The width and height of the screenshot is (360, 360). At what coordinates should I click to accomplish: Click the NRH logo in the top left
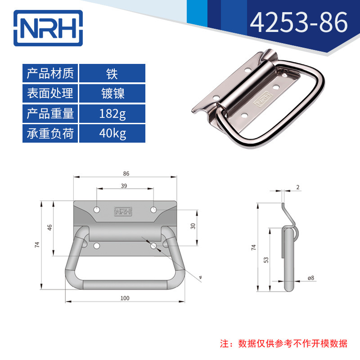[48, 28]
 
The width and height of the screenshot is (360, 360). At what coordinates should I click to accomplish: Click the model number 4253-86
[299, 22]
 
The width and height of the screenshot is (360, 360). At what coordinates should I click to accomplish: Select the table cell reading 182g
[112, 113]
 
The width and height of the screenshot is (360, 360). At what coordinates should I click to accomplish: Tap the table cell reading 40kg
[112, 133]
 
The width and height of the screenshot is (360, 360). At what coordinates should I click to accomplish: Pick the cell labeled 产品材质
[50, 73]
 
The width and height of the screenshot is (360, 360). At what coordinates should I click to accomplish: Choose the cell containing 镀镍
[112, 93]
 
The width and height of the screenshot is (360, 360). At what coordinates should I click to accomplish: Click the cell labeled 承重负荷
[50, 133]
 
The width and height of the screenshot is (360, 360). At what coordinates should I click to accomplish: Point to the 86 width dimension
[126, 174]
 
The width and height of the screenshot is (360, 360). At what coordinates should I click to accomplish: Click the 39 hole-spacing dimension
[124, 186]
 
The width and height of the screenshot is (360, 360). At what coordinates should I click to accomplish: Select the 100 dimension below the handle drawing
[125, 298]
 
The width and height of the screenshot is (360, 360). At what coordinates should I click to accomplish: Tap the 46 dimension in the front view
[49, 228]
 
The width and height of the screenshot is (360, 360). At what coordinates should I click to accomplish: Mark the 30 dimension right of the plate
[193, 226]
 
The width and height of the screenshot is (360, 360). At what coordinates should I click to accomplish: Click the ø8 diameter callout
[310, 278]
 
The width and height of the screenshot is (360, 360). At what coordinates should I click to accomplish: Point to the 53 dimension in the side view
[266, 260]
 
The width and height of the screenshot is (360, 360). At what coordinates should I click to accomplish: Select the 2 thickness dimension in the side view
[298, 187]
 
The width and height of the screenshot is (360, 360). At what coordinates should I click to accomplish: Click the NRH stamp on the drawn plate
[123, 211]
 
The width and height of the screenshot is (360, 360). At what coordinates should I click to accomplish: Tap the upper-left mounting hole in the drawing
[97, 210]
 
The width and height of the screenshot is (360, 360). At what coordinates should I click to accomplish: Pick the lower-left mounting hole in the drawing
[97, 246]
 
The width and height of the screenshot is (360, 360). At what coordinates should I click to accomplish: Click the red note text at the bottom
[284, 343]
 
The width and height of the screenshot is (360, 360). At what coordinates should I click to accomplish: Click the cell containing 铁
[112, 73]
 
